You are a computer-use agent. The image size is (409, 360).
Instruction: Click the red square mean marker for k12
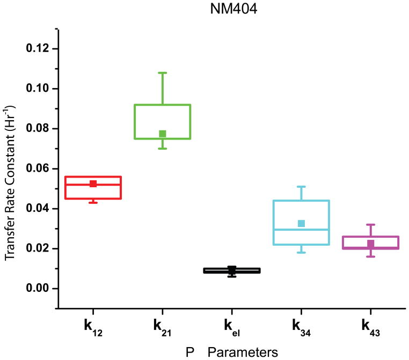click(93, 183)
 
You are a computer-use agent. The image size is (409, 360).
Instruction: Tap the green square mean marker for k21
click(163, 134)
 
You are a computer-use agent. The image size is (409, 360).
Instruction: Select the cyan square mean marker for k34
click(301, 223)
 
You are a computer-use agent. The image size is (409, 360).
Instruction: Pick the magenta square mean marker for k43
click(370, 244)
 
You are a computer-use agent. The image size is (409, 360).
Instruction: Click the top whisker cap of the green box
click(163, 72)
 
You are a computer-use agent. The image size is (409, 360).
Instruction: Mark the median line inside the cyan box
click(301, 230)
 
